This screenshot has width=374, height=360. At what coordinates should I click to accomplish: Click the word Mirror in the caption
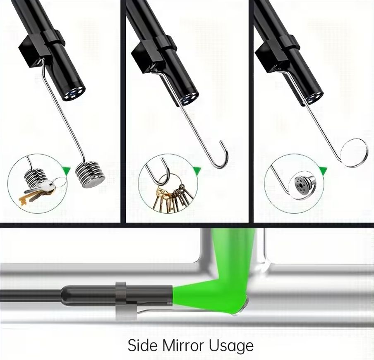183,345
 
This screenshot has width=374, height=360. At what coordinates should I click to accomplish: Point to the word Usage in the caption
231,346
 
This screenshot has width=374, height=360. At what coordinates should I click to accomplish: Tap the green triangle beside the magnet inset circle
66,171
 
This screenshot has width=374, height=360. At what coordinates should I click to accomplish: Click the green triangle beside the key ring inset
197,171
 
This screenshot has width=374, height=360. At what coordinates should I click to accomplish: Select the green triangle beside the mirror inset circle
323,171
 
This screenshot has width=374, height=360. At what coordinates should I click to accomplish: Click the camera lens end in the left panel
75,94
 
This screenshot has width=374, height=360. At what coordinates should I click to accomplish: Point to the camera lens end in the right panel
314,98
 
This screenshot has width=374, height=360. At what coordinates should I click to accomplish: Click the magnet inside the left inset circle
35,177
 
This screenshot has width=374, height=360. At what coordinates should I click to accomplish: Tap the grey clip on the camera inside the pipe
124,301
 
